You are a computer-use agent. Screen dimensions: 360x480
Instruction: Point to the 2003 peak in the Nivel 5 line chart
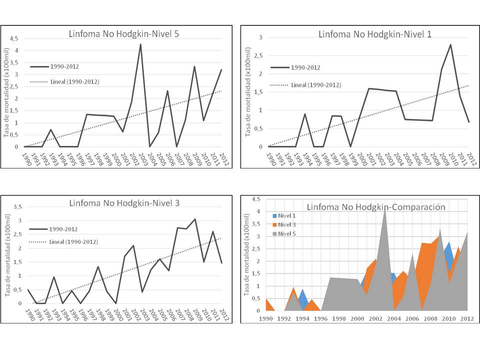click(x=140, y=44)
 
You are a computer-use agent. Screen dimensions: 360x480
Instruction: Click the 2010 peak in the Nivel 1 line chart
click(x=450, y=44)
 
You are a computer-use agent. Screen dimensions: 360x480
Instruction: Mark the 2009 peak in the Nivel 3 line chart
click(x=195, y=219)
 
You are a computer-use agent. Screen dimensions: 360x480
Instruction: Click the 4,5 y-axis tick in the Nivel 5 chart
click(x=14, y=38)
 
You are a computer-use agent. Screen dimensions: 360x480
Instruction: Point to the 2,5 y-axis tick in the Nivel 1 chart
click(x=258, y=55)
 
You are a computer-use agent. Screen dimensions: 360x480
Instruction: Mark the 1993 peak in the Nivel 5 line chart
click(x=50, y=129)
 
